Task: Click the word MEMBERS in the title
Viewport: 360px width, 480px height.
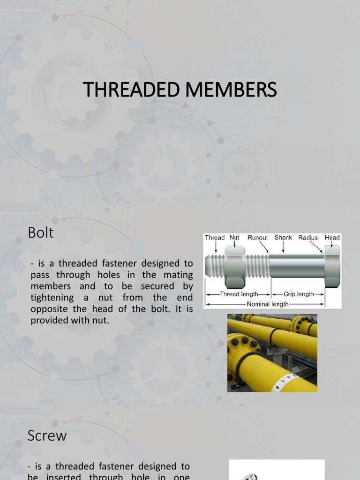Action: [231, 90]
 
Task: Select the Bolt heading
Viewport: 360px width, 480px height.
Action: [41, 232]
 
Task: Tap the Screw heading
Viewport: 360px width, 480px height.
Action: [47, 435]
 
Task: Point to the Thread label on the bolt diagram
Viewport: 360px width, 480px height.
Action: [215, 238]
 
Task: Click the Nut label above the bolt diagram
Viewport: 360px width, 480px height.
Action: [234, 238]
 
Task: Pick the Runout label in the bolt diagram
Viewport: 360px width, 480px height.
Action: [257, 238]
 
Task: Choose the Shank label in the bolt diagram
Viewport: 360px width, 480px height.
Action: [283, 238]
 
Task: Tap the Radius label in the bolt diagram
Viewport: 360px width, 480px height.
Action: [307, 238]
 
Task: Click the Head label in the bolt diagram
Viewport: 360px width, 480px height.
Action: [332, 238]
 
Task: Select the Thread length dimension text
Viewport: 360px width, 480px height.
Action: [239, 294]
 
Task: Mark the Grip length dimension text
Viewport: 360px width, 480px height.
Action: [299, 294]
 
